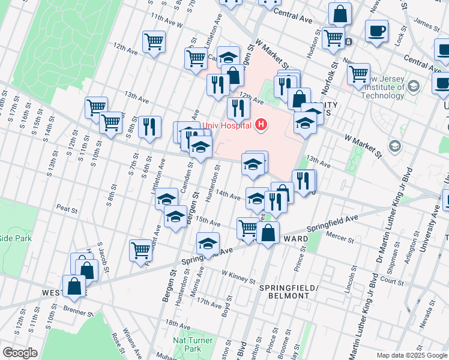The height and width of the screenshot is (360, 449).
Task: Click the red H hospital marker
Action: [261, 125]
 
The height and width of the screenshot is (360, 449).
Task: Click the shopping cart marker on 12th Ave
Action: [154, 42]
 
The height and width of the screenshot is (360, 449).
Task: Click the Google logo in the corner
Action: [19, 352]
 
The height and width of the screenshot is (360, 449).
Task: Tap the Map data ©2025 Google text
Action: [412, 355]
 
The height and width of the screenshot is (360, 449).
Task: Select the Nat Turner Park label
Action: [193, 344]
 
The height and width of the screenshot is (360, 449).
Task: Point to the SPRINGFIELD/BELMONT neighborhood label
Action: [288, 292]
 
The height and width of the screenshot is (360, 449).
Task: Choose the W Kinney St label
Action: [240, 277]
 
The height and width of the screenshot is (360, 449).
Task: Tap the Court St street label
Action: [392, 281]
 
